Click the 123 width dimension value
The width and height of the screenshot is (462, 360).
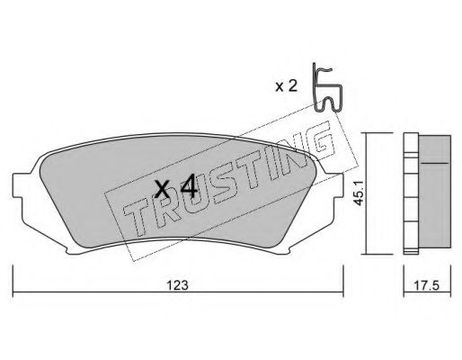[x=177, y=285]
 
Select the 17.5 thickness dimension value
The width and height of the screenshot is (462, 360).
[x=427, y=285]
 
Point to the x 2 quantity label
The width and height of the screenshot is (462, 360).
[x=286, y=86]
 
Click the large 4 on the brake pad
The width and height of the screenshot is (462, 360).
[x=188, y=190]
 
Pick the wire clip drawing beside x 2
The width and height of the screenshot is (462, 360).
[x=327, y=87]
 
